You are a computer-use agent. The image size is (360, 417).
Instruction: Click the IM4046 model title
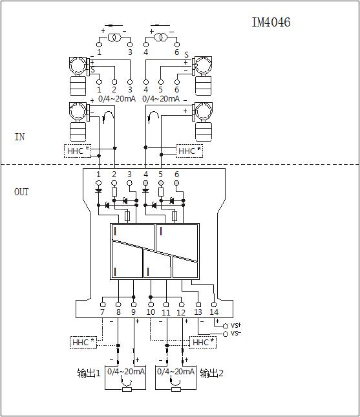271,23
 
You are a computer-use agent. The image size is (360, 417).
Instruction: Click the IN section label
19,137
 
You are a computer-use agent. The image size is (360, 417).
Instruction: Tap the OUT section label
21,192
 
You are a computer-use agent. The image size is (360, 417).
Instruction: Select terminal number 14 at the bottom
214,312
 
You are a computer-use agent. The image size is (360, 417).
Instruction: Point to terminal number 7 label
103,312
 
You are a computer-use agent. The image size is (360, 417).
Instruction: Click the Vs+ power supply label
236,325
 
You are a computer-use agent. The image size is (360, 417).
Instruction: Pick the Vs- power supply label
236,333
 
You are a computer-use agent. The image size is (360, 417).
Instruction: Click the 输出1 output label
89,373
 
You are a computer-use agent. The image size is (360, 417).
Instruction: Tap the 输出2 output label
211,373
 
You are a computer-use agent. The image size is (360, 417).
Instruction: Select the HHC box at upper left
78,151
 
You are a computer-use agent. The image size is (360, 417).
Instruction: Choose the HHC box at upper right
189,151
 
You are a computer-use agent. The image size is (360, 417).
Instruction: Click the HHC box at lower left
83,342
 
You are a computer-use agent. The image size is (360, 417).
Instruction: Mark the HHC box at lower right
203,342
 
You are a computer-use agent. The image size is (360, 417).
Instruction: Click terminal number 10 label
151,312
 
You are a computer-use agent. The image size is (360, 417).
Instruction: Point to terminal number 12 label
181,312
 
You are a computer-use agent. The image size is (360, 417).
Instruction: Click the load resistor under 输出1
127,390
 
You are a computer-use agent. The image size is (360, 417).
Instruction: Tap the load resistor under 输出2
176,390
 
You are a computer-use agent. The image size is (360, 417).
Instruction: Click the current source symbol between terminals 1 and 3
114,37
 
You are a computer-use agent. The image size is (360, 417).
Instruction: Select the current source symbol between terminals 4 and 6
161,37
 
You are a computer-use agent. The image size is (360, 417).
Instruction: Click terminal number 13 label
198,312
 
